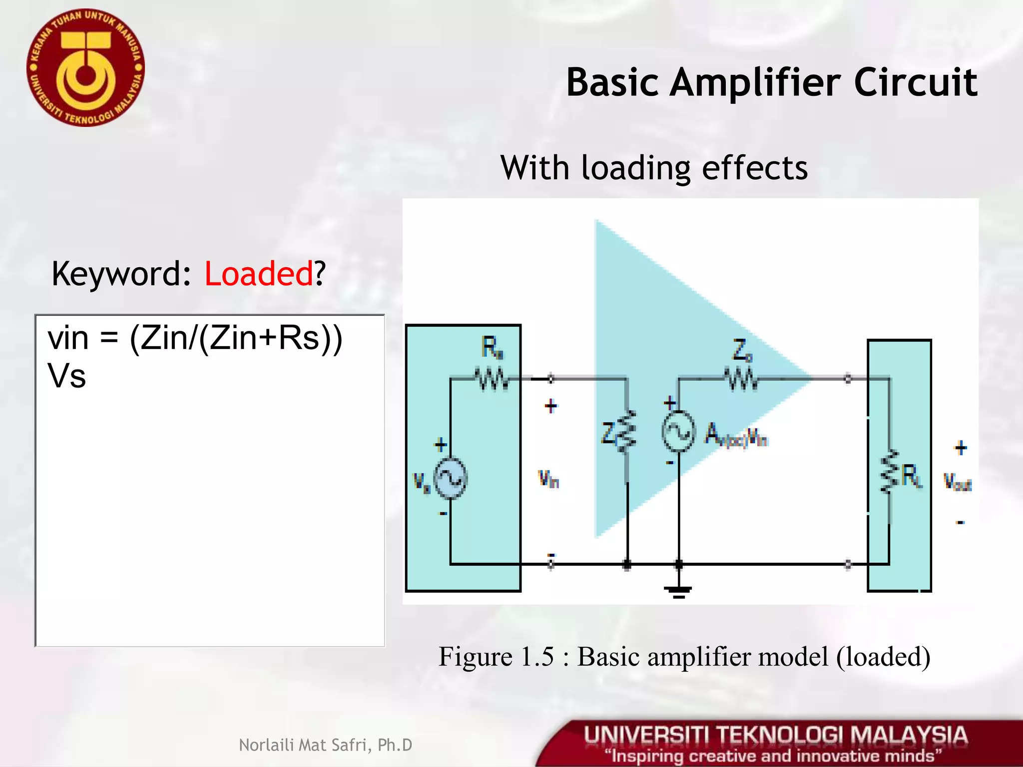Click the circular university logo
click(85, 68)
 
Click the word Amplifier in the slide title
click(761, 82)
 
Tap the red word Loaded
click(259, 274)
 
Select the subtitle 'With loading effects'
click(654, 168)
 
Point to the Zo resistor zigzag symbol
click(742, 380)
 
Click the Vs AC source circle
click(450, 478)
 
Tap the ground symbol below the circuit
click(678, 592)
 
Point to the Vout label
click(958, 482)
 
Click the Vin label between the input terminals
click(548, 479)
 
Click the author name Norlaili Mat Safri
click(326, 745)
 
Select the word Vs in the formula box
click(66, 376)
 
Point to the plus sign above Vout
click(960, 447)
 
